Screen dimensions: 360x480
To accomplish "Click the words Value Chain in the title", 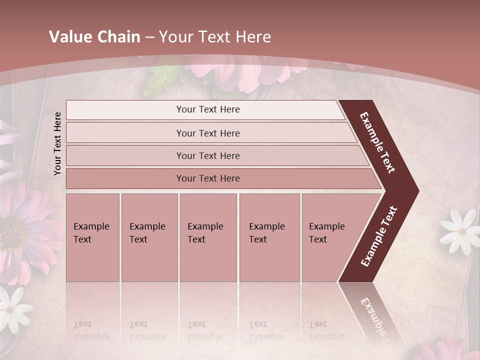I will point(94,37).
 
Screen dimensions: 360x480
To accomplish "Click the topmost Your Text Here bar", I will point(207,109).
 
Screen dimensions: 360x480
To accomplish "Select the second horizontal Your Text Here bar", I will point(207,133).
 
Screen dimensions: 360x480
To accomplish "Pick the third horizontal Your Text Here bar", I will point(207,155).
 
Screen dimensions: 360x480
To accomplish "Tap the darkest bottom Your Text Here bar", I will point(207,178).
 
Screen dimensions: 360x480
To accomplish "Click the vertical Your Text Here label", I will point(57,143).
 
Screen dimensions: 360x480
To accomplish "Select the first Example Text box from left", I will point(92,237).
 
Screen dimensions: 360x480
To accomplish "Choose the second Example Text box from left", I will point(149,237).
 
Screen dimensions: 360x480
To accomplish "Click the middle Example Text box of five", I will point(208,237).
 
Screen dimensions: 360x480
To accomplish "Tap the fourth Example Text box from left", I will point(269,237).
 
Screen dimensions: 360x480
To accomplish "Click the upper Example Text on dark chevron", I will point(377,142).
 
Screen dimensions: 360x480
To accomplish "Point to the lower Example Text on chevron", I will point(378,236).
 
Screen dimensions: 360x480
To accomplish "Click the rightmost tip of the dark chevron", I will point(417,191).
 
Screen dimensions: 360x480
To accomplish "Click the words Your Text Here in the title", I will point(215,37).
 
